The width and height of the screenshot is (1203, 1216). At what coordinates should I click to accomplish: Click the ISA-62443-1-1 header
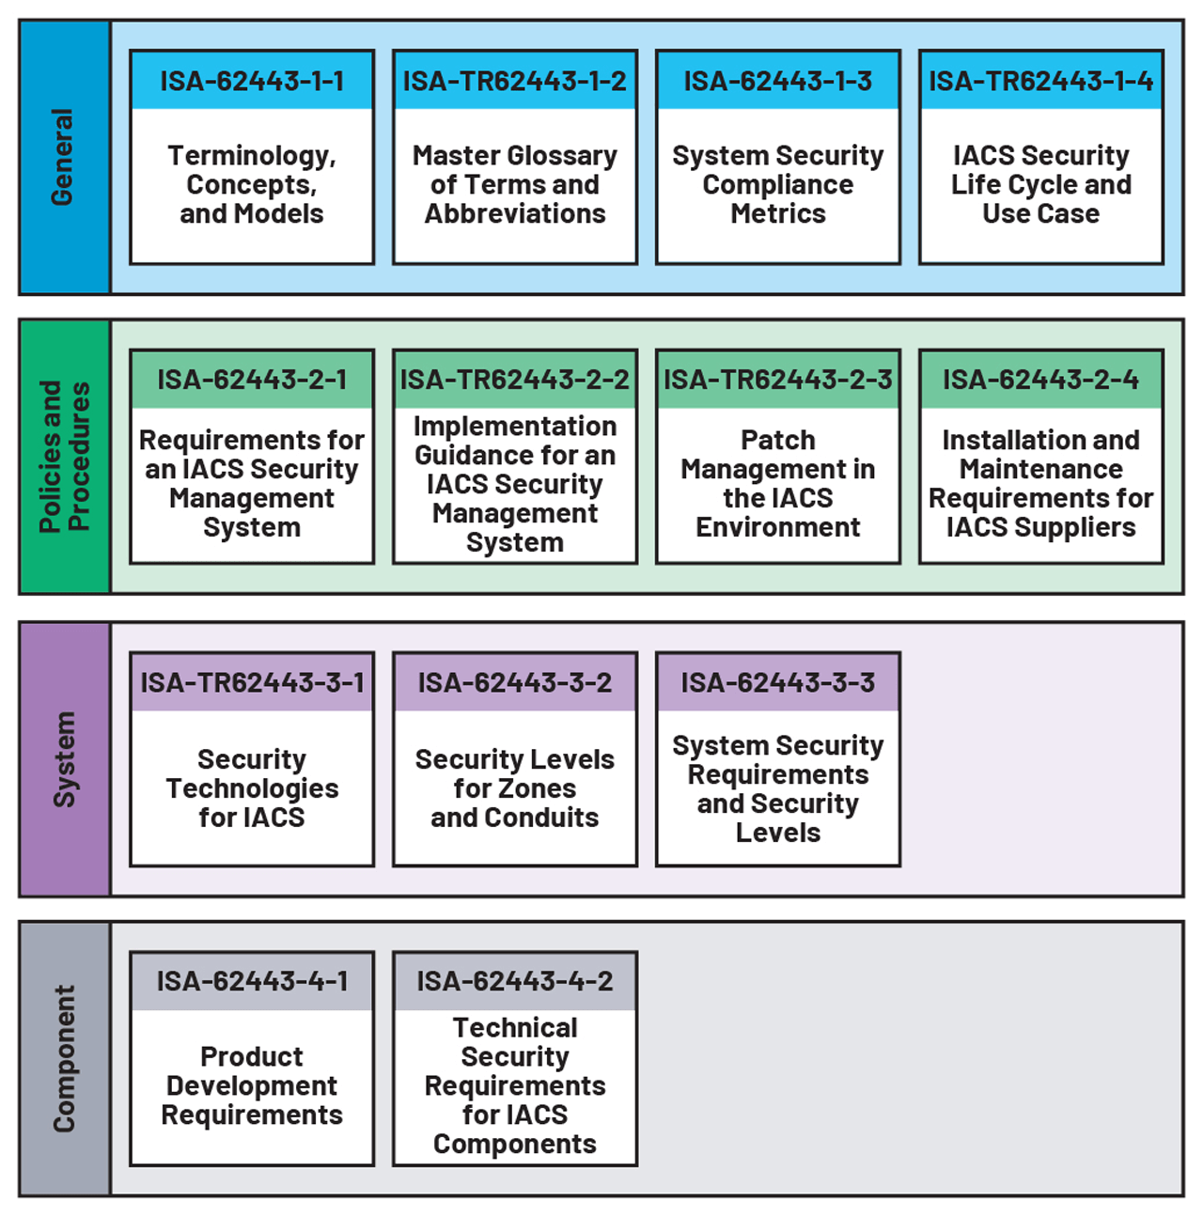[x=252, y=81]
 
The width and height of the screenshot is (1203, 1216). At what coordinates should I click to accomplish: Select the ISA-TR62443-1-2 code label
[x=515, y=81]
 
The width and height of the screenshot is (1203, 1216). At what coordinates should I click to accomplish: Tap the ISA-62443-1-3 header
[x=778, y=81]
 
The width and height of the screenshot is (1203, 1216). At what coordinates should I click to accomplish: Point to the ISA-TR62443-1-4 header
[x=1041, y=81]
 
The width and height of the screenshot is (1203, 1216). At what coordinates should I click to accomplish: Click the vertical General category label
[x=62, y=157]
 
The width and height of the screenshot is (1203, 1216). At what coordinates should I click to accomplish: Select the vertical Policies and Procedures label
[x=64, y=457]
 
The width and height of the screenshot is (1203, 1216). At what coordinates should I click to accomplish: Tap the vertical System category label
[x=64, y=758]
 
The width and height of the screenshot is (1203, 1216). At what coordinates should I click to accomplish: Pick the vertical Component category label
[x=64, y=1058]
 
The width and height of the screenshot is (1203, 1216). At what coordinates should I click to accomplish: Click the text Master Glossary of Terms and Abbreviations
[x=515, y=184]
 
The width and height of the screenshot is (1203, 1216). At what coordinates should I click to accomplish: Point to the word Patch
[x=778, y=440]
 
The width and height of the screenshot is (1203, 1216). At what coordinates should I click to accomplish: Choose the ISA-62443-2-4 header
[x=1041, y=380]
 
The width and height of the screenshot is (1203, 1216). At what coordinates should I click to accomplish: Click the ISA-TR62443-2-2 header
[x=515, y=380]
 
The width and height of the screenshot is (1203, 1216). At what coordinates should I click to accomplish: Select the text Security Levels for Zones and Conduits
[x=515, y=787]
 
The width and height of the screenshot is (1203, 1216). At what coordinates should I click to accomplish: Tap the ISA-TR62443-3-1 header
[x=252, y=682]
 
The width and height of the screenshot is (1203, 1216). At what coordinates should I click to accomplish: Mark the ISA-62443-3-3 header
[x=778, y=682]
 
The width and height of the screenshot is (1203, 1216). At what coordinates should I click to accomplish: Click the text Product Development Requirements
[x=252, y=1085]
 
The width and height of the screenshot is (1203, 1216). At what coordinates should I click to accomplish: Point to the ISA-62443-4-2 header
[x=515, y=981]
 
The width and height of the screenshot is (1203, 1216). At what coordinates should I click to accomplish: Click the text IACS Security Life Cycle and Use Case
[x=1041, y=184]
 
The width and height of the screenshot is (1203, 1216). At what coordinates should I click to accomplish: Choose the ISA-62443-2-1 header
[x=252, y=380]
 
